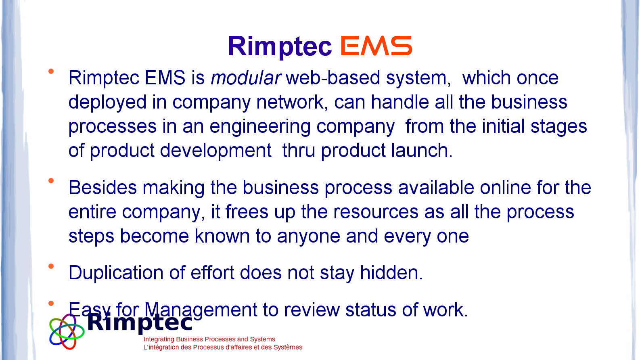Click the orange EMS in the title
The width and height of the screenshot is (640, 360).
(x=376, y=46)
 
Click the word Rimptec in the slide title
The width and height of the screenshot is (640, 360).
(x=280, y=46)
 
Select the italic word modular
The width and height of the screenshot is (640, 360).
(x=246, y=78)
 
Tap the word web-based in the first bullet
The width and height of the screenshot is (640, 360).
(x=333, y=78)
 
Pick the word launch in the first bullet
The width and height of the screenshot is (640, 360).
(x=422, y=151)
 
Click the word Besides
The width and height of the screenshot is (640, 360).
(x=102, y=187)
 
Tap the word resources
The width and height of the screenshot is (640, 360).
(x=376, y=212)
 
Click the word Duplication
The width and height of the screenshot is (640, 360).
(x=116, y=273)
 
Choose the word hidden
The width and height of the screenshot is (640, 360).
(x=391, y=272)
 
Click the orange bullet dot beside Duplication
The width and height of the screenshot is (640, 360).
(x=51, y=266)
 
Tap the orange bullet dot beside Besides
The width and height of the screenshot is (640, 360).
(x=51, y=180)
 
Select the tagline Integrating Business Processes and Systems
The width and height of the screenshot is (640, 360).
(x=209, y=339)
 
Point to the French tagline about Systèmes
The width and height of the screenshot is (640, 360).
(x=223, y=347)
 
